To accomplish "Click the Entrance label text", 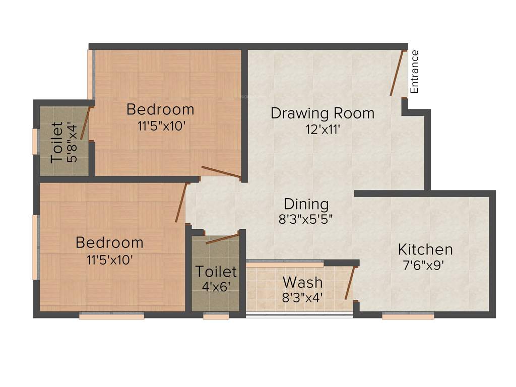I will tap(415, 72).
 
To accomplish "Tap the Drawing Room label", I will tap(322, 113).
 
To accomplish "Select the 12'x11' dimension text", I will tap(322, 130).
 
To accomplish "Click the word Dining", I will tap(306, 204).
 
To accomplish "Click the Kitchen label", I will tap(425, 249).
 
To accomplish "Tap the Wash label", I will tap(302, 281).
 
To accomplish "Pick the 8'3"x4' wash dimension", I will tap(302, 297).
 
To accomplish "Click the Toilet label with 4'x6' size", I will tap(216, 272).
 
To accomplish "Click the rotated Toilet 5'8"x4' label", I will tap(57, 142).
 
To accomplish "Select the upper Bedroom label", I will tap(160, 109).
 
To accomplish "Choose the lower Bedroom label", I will tap(109, 242).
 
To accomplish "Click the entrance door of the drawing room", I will tap(398, 73).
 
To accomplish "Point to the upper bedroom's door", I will tap(221, 172).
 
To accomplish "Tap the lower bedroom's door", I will tap(180, 203).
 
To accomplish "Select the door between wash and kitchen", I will tap(350, 284).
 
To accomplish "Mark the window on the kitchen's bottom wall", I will tap(408, 316).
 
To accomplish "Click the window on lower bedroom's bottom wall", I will tap(111, 316).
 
